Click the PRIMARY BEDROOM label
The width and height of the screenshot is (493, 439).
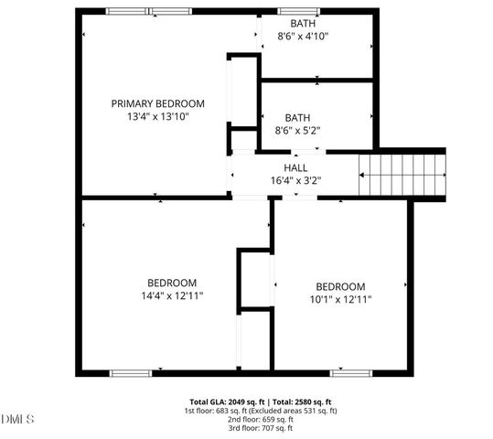click(x=157, y=103)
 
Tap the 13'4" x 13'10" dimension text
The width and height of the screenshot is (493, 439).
click(x=157, y=117)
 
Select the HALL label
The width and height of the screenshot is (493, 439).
click(x=295, y=168)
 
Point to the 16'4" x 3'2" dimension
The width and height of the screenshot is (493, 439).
click(x=295, y=181)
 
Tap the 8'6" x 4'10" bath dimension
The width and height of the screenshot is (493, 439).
click(x=303, y=37)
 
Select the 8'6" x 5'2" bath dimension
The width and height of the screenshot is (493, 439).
click(x=297, y=132)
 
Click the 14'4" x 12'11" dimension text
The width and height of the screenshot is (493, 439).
click(x=172, y=296)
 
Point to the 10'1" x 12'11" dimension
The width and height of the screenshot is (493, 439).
click(x=340, y=299)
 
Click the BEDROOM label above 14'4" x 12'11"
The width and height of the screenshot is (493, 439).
click(x=172, y=283)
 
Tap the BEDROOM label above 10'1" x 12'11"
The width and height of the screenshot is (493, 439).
click(x=340, y=286)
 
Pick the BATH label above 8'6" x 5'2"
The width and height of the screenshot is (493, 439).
click(x=297, y=118)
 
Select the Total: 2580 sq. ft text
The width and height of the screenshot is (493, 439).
click(x=305, y=402)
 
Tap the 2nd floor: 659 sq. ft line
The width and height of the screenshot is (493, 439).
click(x=261, y=419)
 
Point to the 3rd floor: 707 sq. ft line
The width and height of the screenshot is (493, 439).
click(x=261, y=427)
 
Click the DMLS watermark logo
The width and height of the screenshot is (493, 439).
click(x=17, y=420)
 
